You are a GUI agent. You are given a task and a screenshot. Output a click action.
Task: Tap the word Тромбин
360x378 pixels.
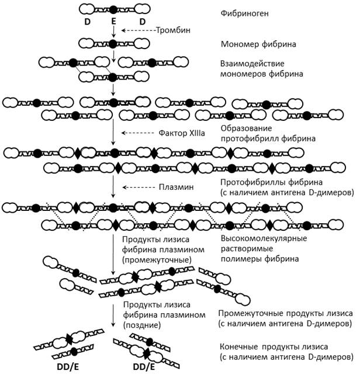[x=172, y=30]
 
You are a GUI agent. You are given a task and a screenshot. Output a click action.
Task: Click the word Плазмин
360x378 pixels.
[x=175, y=188]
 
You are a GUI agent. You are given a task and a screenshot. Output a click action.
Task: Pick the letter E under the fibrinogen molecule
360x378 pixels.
[x=114, y=22]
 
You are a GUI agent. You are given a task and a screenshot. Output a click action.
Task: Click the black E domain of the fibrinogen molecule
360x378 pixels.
[x=114, y=10]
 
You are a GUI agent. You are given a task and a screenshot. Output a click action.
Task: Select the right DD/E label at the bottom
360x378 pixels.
[x=143, y=368]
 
